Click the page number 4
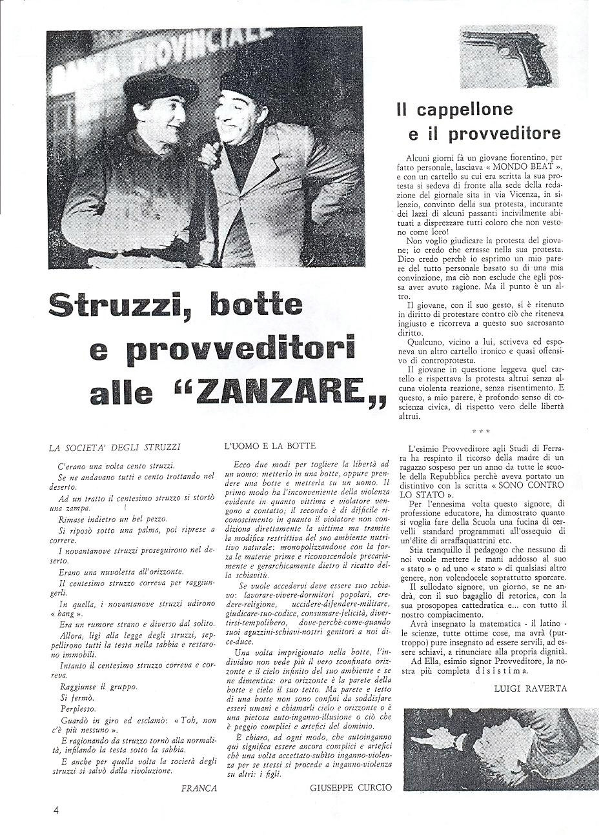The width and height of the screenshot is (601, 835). point(56,810)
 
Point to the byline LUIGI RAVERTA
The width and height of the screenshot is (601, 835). point(530,688)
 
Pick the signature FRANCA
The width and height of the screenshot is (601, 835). point(198,788)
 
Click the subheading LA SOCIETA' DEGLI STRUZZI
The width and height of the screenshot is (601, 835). point(115,446)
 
